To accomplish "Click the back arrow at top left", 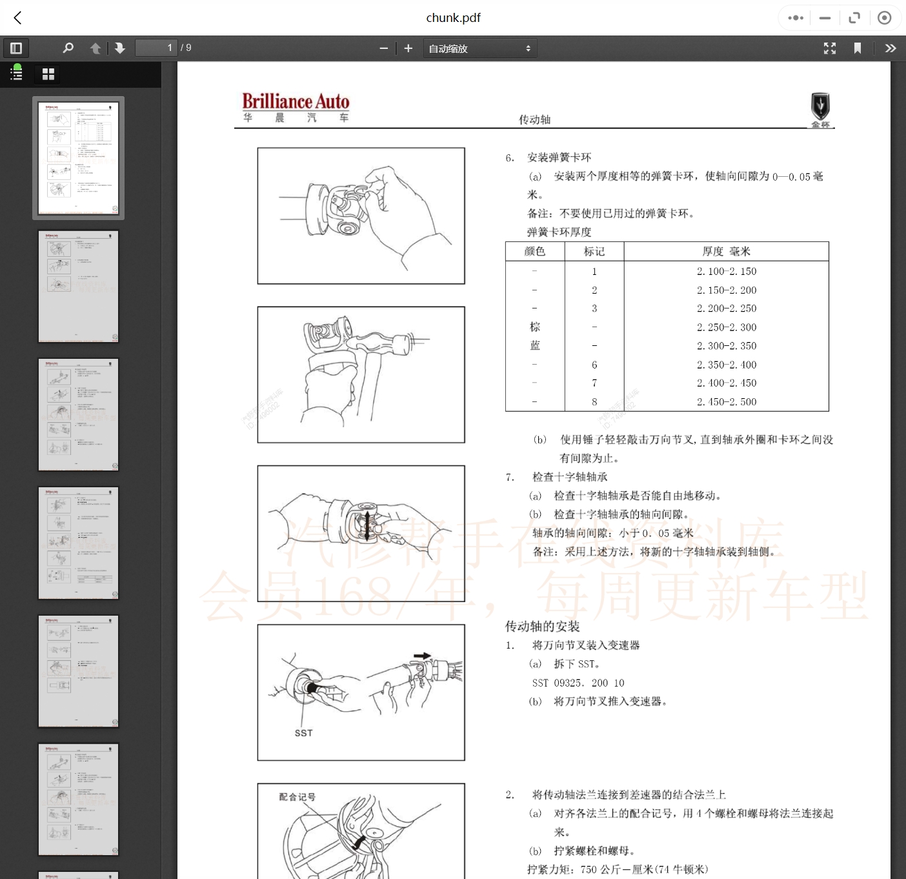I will (18, 18).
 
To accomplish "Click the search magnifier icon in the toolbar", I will (68, 48).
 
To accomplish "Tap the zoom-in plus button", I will (408, 48).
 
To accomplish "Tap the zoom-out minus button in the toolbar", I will (383, 48).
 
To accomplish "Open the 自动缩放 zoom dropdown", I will (479, 48).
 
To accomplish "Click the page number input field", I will (156, 48).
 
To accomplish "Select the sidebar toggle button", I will (16, 48).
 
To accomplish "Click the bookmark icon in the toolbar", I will (857, 48).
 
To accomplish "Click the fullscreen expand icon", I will (830, 48).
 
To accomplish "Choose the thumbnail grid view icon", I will (48, 74).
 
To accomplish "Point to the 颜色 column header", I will (534, 252).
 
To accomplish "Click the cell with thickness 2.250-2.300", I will (726, 327).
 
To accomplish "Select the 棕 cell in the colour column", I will (534, 327).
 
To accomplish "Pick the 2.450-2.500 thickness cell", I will (726, 401).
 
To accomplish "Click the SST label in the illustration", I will (303, 733).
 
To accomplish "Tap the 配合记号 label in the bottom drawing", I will (297, 797).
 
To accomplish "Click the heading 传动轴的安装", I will (542, 626).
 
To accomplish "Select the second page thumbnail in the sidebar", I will (78, 286).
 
